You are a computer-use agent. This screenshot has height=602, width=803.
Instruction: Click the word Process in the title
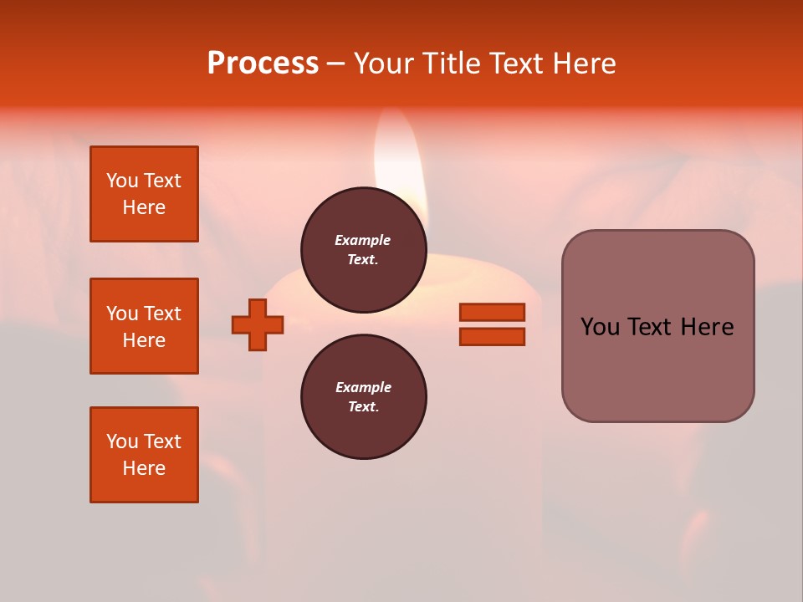point(263,63)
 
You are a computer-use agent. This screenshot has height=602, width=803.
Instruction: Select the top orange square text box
point(144,194)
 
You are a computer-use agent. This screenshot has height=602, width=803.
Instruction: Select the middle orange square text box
point(144,326)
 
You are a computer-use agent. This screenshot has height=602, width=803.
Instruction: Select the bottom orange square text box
point(144,455)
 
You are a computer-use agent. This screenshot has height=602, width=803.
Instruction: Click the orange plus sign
point(258,324)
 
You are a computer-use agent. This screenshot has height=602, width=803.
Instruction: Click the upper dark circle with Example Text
point(364,250)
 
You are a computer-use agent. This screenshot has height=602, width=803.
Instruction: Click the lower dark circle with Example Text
point(364,397)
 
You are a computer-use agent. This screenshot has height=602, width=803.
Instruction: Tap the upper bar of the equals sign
point(492,312)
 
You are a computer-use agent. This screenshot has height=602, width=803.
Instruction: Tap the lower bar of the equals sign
point(492,336)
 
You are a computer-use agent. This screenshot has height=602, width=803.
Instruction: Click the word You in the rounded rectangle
point(599,327)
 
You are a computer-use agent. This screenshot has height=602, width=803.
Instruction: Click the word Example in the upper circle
point(362,240)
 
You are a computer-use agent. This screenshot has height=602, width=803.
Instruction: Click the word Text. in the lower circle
point(363,407)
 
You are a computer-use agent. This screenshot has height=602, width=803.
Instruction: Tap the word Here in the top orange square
point(144,207)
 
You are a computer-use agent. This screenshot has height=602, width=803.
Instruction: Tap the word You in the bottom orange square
point(122,441)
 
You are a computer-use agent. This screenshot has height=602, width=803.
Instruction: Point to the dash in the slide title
point(335,64)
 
